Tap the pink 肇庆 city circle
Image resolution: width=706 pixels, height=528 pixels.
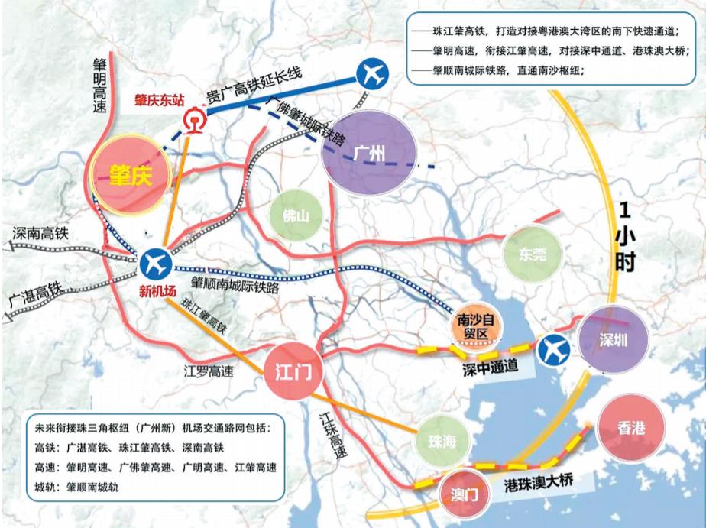pos(128,175)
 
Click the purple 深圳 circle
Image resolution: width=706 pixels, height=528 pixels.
pos(613,338)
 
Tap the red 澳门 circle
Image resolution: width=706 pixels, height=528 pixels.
pos(461,494)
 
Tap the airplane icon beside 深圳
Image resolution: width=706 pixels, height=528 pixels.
pos(555,350)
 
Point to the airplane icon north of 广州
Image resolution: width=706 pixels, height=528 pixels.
pos(373,74)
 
